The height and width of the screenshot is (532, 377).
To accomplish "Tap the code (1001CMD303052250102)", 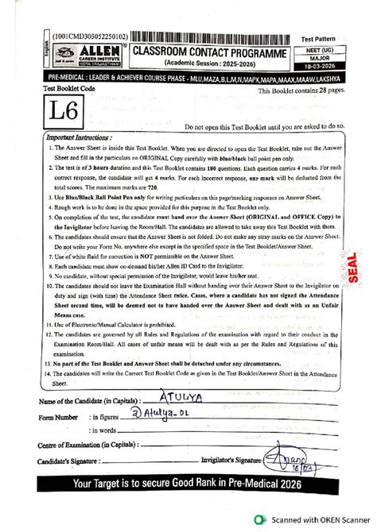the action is [x=80, y=37].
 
